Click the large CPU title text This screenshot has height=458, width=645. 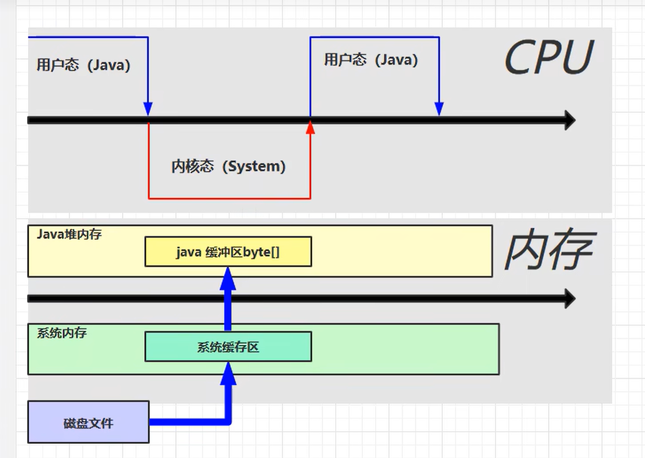coord(548,57)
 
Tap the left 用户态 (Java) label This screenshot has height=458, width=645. coord(83,65)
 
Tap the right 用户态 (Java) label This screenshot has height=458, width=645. coord(371,60)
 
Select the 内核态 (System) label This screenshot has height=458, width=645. coord(228,166)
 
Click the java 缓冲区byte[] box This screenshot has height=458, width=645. coord(228,252)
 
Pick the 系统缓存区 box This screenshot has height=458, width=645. coord(228,347)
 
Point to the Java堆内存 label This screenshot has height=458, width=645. coord(69,234)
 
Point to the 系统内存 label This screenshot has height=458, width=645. coord(62,333)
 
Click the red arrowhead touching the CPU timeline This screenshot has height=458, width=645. coord(310,128)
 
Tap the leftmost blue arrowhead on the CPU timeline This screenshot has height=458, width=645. coord(148,108)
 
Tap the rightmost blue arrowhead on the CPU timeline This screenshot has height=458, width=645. coord(439,108)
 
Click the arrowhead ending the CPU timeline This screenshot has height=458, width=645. coord(570,120)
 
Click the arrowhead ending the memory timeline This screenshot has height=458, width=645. coord(570,299)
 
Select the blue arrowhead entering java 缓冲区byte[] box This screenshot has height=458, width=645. coord(228,278)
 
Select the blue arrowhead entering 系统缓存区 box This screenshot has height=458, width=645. coord(228,373)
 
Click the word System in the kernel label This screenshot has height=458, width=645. coord(254,166)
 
